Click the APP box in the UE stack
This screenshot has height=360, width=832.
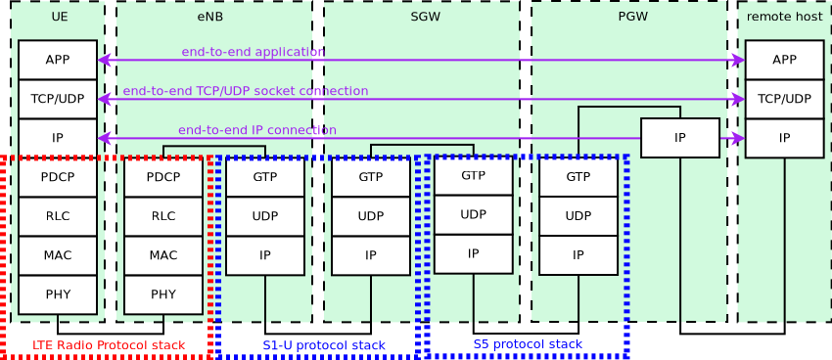[x=57, y=60]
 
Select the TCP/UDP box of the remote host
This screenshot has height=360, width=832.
[x=784, y=99]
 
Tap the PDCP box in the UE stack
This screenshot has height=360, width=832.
[x=57, y=177]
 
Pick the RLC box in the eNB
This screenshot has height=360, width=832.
[x=162, y=216]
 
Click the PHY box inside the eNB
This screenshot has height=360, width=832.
[x=162, y=294]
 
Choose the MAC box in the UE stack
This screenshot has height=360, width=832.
[x=57, y=255]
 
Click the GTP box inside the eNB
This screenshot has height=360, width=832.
[x=264, y=177]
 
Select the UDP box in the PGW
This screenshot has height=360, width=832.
[x=578, y=216]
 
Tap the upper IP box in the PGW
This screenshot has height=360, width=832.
[x=679, y=138]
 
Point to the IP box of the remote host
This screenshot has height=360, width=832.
[x=784, y=138]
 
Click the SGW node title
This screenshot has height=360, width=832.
[x=425, y=18]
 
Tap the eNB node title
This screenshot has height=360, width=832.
[x=209, y=18]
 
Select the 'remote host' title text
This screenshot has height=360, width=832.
[x=784, y=18]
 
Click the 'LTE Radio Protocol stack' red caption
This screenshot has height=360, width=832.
[x=108, y=345]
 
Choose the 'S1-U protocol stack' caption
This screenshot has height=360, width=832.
[x=324, y=345]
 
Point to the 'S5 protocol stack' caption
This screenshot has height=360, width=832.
[x=528, y=344]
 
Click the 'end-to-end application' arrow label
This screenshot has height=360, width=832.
[x=253, y=52]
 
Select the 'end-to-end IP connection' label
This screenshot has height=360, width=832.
[x=256, y=130]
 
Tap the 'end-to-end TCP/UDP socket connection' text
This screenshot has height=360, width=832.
[x=245, y=91]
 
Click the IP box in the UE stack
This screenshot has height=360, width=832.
[x=57, y=138]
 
